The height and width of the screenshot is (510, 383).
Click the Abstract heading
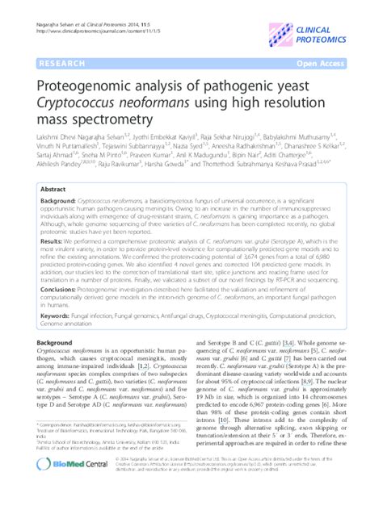[x=53, y=187]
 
